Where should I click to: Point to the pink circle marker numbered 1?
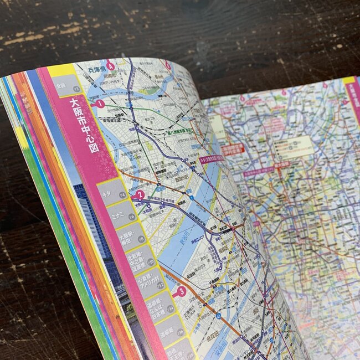tap(100, 104)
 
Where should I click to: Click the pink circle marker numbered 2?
tap(140, 195)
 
